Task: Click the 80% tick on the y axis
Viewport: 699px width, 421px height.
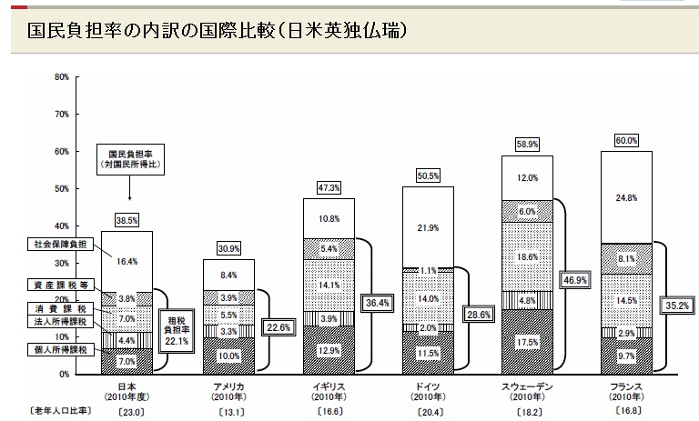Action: [62, 77]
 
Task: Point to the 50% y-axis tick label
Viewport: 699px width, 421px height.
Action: [62, 188]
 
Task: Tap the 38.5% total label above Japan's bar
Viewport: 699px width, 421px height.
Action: [127, 220]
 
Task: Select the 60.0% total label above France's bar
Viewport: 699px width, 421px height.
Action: [626, 140]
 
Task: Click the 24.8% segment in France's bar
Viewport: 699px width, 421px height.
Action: [626, 196]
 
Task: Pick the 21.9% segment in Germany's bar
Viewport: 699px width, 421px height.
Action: [428, 226]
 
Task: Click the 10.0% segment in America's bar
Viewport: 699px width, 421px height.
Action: [229, 356]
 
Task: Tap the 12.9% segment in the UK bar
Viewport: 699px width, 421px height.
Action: [329, 350]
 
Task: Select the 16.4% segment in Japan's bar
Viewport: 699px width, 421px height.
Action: [127, 262]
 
